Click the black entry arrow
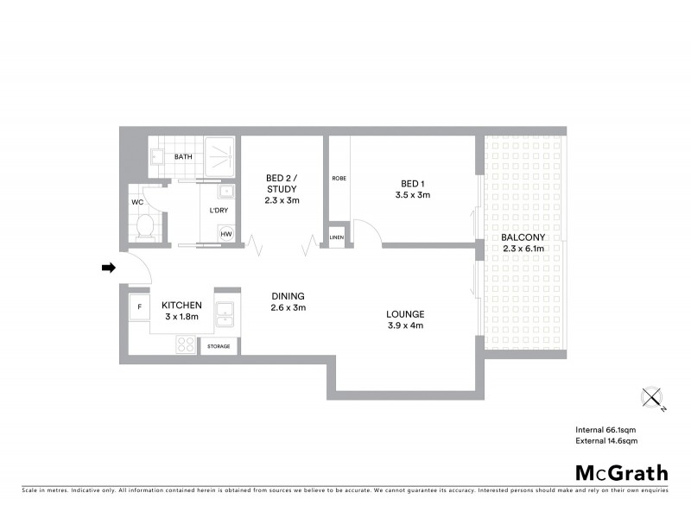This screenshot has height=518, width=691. click(x=108, y=268)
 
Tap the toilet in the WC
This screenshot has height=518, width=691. click(x=145, y=228)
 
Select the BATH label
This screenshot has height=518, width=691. click(x=183, y=157)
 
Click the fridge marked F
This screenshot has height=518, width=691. click(x=138, y=306)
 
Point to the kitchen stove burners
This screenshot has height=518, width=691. click(x=186, y=344)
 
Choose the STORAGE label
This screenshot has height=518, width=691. click(x=219, y=346)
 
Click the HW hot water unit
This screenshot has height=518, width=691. click(x=226, y=234)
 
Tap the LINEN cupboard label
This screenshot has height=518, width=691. click(x=336, y=237)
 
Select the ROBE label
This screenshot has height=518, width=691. click(x=339, y=178)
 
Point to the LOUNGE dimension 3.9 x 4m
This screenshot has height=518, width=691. click(x=405, y=325)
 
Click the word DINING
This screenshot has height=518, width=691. click(x=288, y=296)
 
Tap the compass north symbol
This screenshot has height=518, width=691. click(x=651, y=398)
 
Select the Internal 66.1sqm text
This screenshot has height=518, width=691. click(x=606, y=429)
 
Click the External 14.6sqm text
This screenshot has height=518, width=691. click(x=606, y=441)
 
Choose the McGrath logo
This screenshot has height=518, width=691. click(x=621, y=472)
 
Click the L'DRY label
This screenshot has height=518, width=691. click(x=219, y=211)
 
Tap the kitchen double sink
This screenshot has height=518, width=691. click(x=225, y=314)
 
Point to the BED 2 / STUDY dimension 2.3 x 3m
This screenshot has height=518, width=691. click(x=282, y=200)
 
